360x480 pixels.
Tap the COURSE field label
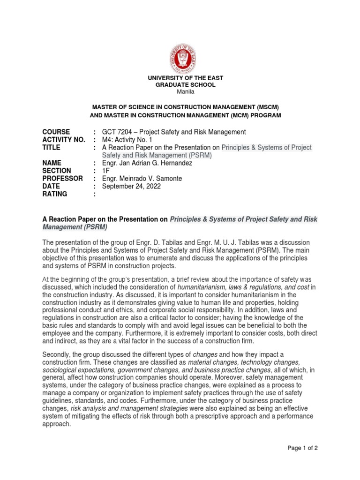coord(56,132)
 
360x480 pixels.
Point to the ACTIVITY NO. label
coord(63,140)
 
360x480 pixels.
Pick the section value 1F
coord(106,171)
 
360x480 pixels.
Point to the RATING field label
coord(55,194)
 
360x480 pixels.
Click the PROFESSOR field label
coord(62,179)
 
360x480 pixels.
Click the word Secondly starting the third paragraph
coord(57,354)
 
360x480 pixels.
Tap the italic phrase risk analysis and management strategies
coord(126,408)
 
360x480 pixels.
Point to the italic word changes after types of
coord(205,354)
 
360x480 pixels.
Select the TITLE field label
coord(51,147)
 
